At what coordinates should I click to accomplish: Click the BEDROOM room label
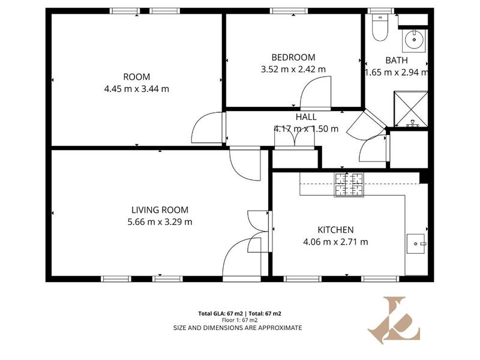(293, 57)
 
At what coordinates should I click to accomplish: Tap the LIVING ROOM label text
(160, 210)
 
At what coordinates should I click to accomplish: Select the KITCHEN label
(335, 230)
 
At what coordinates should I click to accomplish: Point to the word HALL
(306, 117)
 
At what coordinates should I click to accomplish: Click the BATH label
(397, 61)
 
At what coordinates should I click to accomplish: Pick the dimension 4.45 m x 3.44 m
(137, 89)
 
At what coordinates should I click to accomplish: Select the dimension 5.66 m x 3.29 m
(160, 221)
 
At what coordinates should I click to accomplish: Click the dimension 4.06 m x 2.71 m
(335, 242)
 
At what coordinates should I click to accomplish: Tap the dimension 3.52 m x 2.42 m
(293, 69)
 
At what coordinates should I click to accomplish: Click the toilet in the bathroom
(380, 27)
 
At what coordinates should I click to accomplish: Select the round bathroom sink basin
(414, 40)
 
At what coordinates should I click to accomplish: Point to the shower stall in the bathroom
(410, 109)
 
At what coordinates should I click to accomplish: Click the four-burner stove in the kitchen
(349, 185)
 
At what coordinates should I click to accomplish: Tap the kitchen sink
(416, 244)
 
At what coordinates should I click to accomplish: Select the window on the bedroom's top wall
(288, 11)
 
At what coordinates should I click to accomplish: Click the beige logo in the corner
(394, 320)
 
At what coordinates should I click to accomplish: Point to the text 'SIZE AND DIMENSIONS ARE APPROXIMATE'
(238, 328)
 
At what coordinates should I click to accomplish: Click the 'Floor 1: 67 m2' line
(239, 320)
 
